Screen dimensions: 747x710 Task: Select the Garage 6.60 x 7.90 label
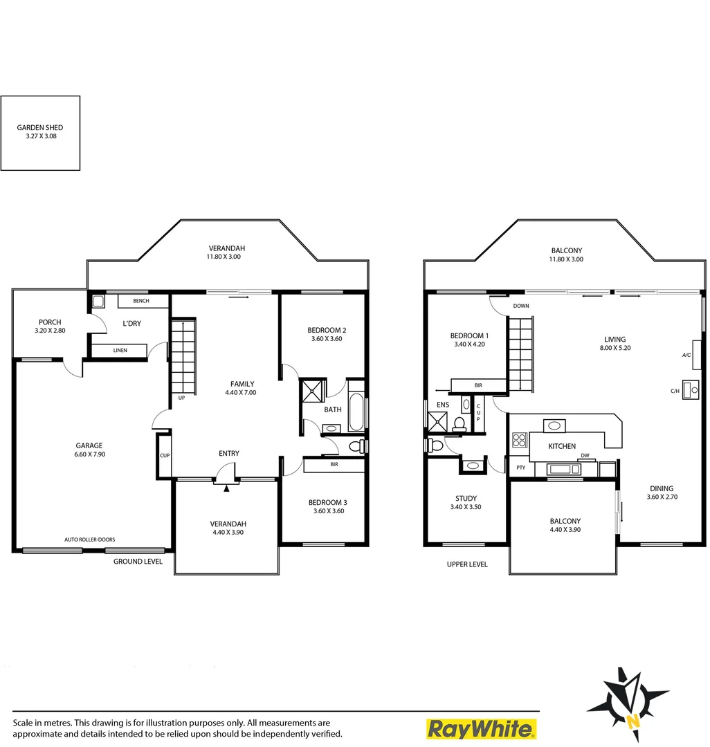coord(90,450)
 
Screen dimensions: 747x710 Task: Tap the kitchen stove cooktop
coord(519,440)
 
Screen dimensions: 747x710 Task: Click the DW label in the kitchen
coord(585,456)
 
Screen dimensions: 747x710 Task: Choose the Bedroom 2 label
coord(327,334)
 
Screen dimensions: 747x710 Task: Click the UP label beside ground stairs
coord(181,398)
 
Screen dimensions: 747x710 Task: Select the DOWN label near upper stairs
coord(521,306)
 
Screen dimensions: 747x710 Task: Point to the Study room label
coord(466,503)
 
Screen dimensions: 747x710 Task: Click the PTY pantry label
coord(520,468)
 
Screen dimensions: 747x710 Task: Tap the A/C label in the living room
coord(686,355)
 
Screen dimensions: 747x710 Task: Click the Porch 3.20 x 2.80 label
coord(50,326)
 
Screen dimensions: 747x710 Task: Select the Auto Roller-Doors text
coord(90,539)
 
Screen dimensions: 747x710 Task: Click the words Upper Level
coord(467,564)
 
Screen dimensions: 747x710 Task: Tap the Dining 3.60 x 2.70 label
coord(659,492)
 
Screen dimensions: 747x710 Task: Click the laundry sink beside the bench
coord(98,301)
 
